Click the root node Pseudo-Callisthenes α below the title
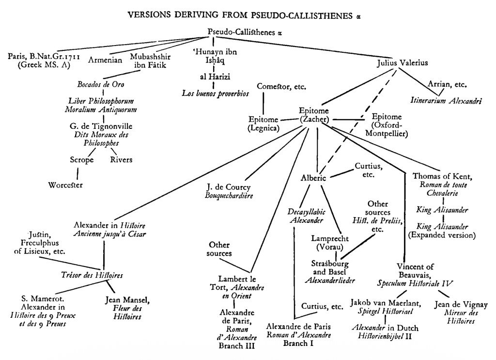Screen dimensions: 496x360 pyautogui.click(x=245, y=32)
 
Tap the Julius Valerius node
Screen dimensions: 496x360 pyautogui.click(x=402, y=63)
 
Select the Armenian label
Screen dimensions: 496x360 pyautogui.click(x=105, y=60)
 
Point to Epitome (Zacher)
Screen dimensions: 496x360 pyautogui.click(x=314, y=115)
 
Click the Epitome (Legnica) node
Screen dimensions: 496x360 pyautogui.click(x=263, y=124)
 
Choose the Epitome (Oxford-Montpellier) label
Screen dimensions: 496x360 pyautogui.click(x=387, y=125)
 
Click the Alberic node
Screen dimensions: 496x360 pyautogui.click(x=313, y=178)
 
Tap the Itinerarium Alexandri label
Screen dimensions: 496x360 pyautogui.click(x=446, y=101)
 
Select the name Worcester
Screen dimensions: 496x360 pyautogui.click(x=65, y=185)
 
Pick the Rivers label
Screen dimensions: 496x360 pyautogui.click(x=121, y=159)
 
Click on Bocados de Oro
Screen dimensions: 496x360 pyautogui.click(x=101, y=84)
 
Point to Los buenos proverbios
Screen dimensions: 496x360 pyautogui.click(x=216, y=94)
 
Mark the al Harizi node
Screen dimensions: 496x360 pyautogui.click(x=215, y=77)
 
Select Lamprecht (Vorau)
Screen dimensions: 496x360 pyautogui.click(x=330, y=243)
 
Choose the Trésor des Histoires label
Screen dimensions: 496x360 pyautogui.click(x=92, y=275)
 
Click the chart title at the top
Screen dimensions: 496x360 pyautogui.click(x=244, y=15)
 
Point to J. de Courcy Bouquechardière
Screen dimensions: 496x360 pyautogui.click(x=229, y=191)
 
